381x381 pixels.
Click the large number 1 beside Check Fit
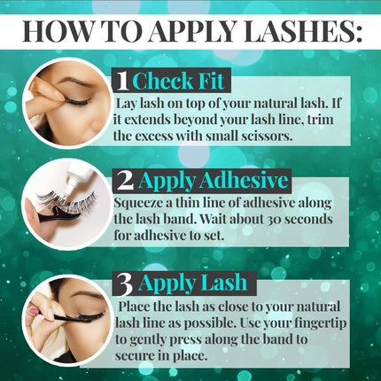[122, 82]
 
